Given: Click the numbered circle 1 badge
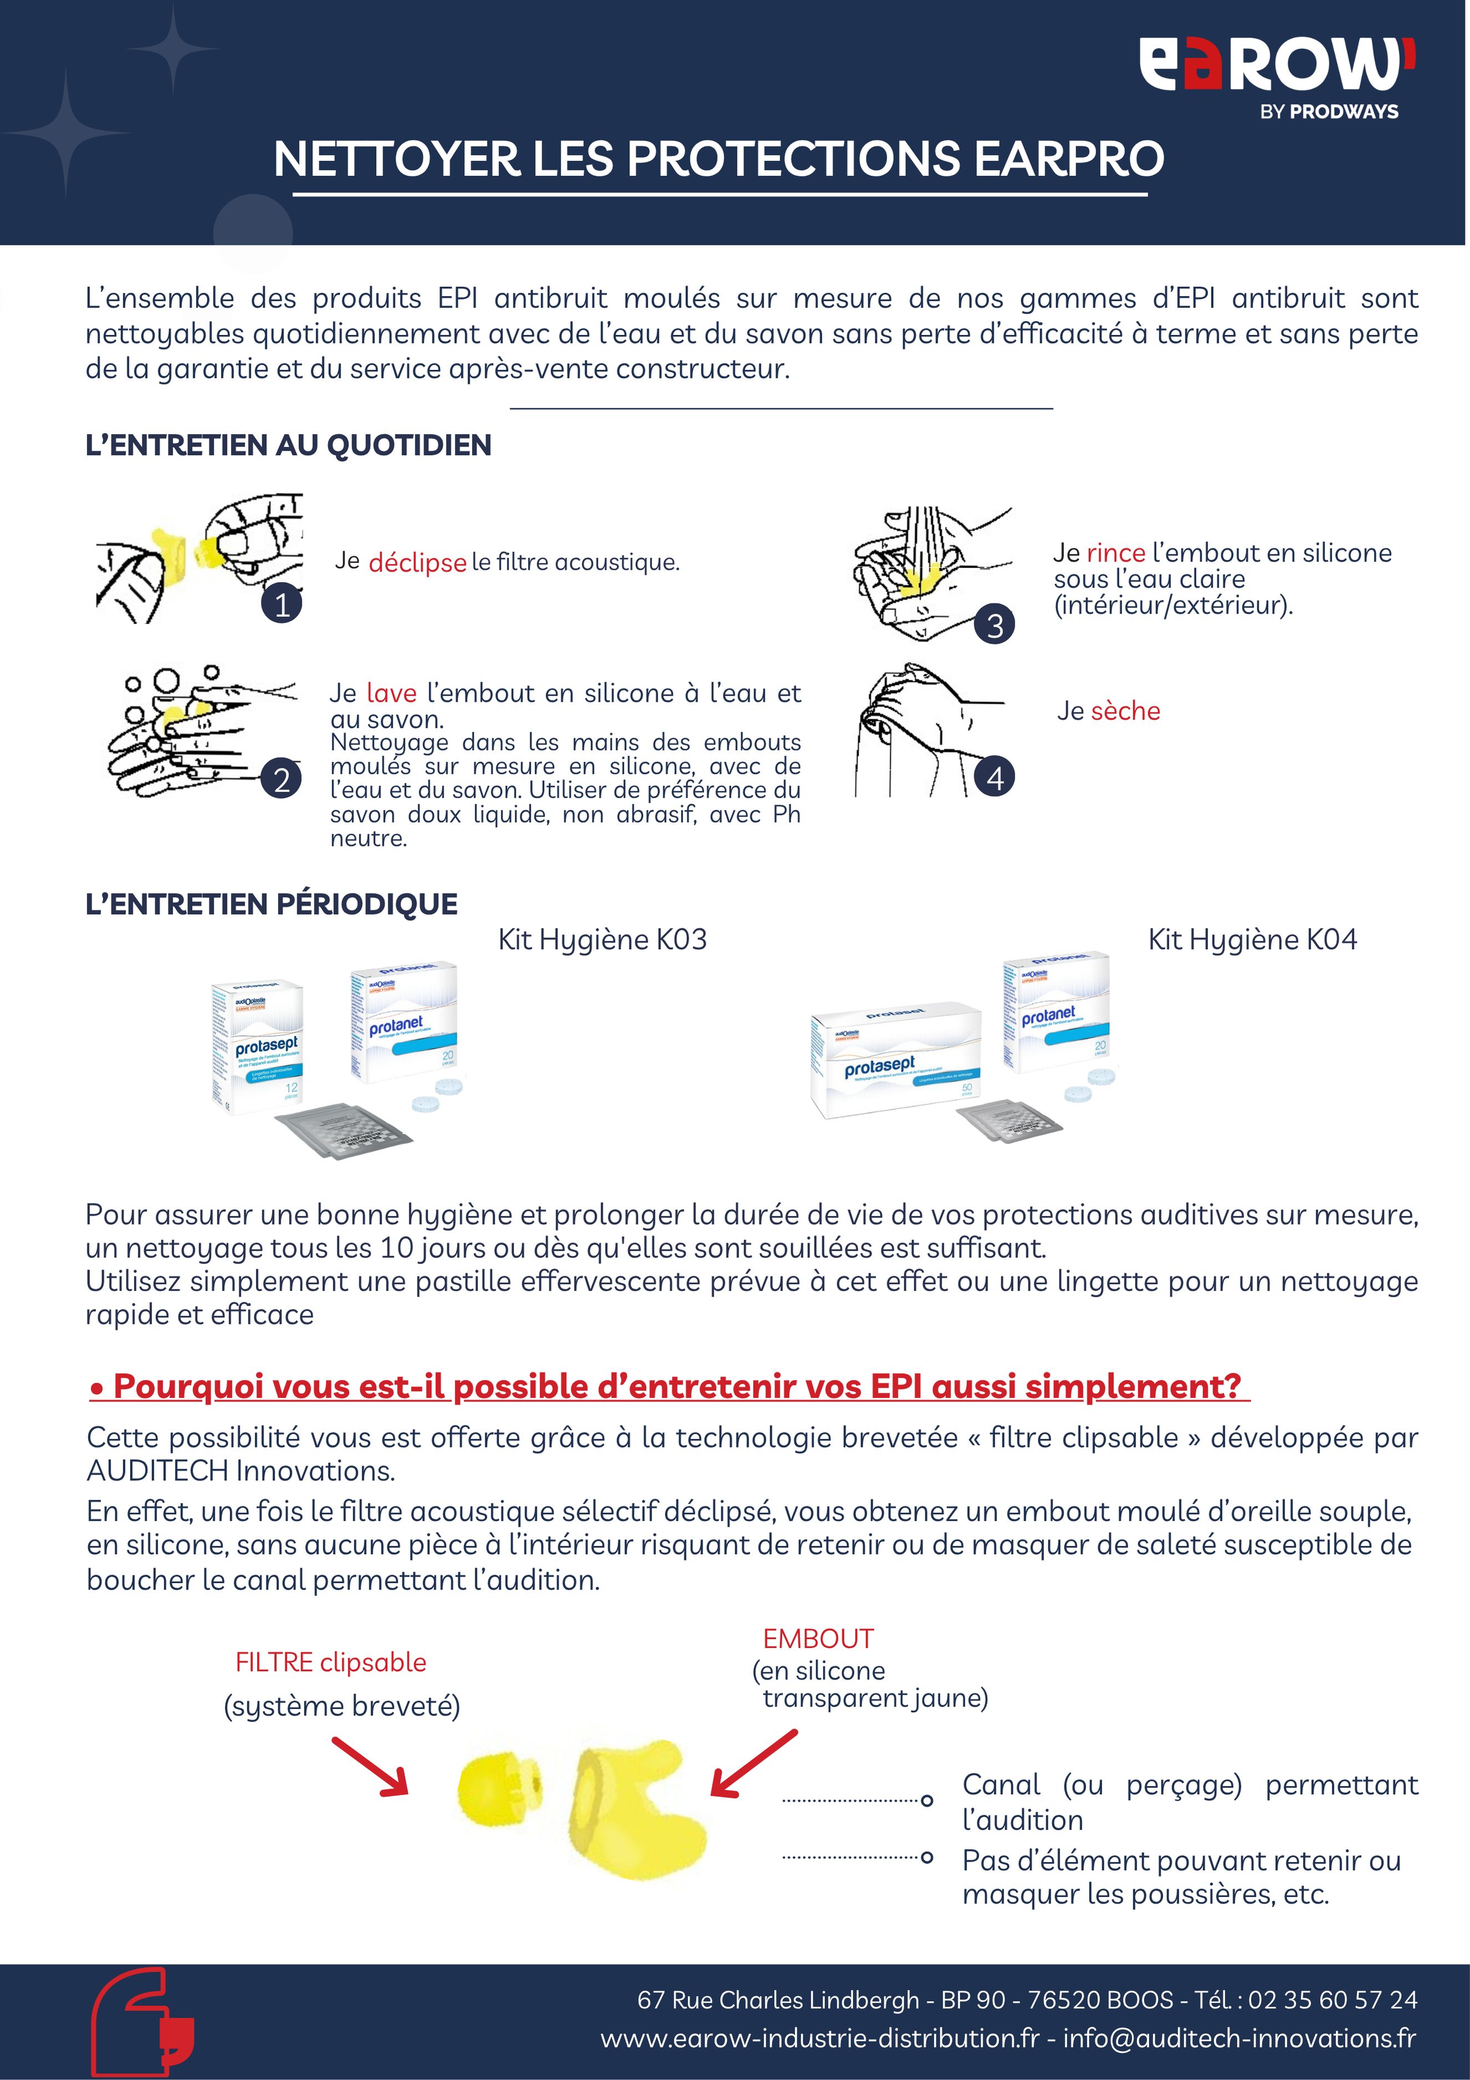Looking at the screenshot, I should pyautogui.click(x=282, y=604).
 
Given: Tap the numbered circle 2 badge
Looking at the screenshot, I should pyautogui.click(x=282, y=779).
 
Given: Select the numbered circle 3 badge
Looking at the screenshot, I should pyautogui.click(x=994, y=625).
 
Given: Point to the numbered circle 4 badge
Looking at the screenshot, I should pyautogui.click(x=994, y=777).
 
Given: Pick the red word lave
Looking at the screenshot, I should pyautogui.click(x=391, y=693).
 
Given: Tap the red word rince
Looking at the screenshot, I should pyautogui.click(x=1115, y=552).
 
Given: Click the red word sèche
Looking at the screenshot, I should pyautogui.click(x=1125, y=711).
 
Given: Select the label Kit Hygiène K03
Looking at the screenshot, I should pyautogui.click(x=602, y=940).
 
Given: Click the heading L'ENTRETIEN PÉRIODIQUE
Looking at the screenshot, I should pyautogui.click(x=272, y=904).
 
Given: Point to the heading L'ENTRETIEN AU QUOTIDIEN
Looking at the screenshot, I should pyautogui.click(x=288, y=445).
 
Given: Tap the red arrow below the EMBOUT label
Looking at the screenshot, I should pyautogui.click(x=754, y=1763).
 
